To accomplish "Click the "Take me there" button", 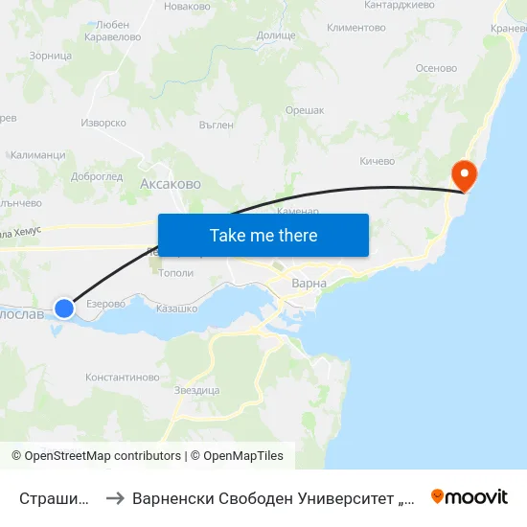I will coord(263,235).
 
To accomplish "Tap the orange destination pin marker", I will coord(465,175).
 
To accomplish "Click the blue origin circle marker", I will coord(64,308).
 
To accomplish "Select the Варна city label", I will coord(309,284).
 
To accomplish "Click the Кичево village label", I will coord(377,161).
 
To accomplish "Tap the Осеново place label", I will coord(436,68).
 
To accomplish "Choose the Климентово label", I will coord(355,28).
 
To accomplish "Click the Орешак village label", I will coord(304,111).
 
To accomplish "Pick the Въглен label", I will coord(216,125).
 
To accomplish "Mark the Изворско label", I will coord(103,123).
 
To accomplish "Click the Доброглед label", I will coord(97,176).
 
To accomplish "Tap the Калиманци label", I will coord(37,154).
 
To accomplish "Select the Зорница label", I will coord(51,56).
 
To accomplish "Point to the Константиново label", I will coord(123,378).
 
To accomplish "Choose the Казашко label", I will coord(176,309).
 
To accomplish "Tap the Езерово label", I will coord(105,304).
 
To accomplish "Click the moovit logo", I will coord(470,496).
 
